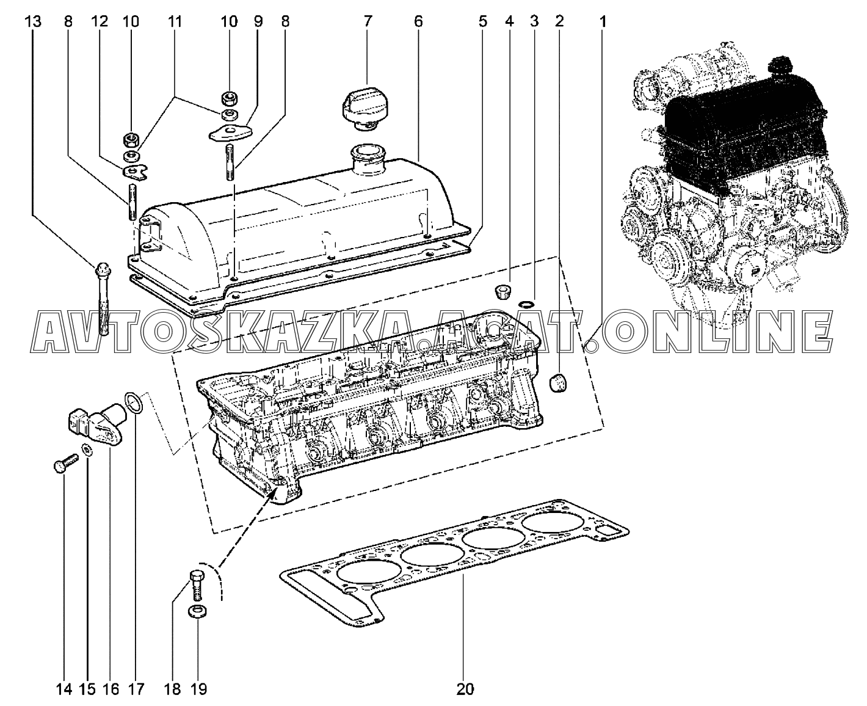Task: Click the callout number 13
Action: (33, 21)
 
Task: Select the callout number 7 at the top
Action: (368, 21)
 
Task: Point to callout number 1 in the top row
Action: (603, 21)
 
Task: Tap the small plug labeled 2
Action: (558, 383)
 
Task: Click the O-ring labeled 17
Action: (133, 402)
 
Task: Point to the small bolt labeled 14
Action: (65, 463)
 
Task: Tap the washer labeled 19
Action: (198, 611)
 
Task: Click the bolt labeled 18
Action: (197, 585)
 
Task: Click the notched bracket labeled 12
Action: (134, 172)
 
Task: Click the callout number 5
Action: (482, 21)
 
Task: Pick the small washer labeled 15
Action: (87, 449)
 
